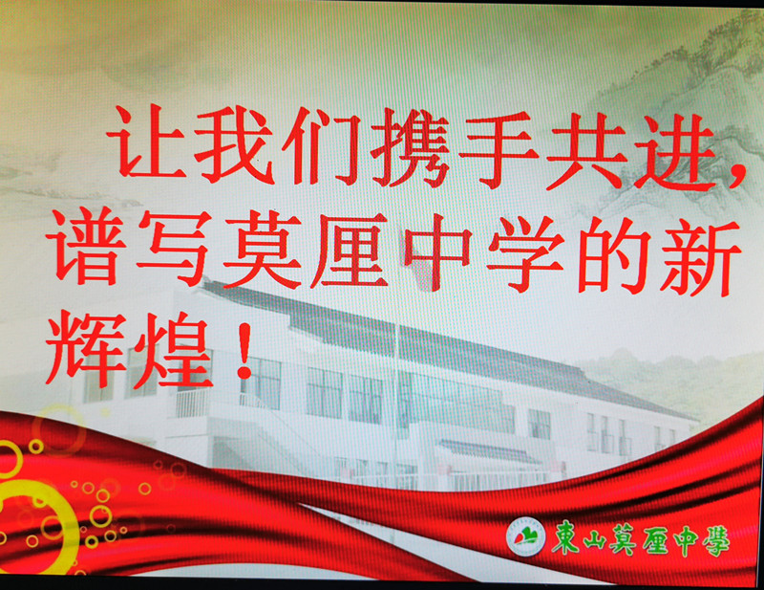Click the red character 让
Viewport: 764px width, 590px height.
pyautogui.click(x=146, y=142)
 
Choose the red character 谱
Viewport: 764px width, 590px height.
pyautogui.click(x=84, y=246)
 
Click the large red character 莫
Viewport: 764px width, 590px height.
pyautogui.click(x=262, y=250)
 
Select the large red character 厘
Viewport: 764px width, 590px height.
pyautogui.click(x=350, y=251)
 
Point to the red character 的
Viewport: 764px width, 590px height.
pyautogui.click(x=614, y=255)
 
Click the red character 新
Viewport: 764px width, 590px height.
pyautogui.click(x=701, y=257)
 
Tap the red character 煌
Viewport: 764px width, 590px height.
pyautogui.click(x=173, y=350)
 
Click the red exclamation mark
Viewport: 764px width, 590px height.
pyautogui.click(x=244, y=350)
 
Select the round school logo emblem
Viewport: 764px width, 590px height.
pyautogui.click(x=526, y=535)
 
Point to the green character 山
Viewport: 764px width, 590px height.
pyautogui.click(x=595, y=540)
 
